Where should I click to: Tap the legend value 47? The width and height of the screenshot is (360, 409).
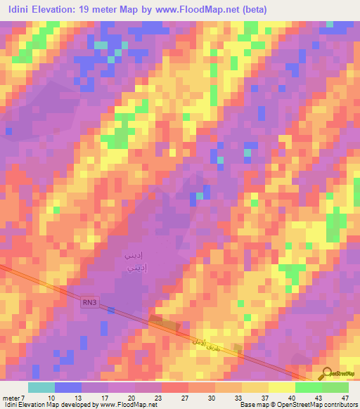click(345, 396)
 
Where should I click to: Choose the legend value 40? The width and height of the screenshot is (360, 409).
click(290, 396)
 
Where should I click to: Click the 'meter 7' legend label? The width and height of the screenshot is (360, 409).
click(14, 396)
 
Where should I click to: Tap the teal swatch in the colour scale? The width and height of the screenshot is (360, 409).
click(41, 387)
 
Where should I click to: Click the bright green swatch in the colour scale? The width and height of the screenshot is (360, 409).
click(308, 387)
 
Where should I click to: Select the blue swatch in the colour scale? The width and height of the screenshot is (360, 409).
click(67, 387)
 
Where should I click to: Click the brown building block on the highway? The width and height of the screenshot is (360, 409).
click(163, 322)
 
